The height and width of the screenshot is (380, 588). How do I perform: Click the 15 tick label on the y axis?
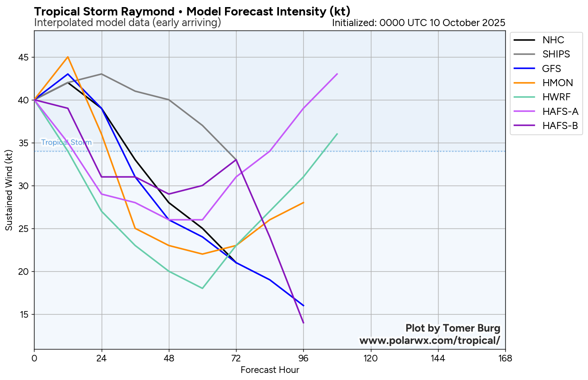click(x=23, y=315)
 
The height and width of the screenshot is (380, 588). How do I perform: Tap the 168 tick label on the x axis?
click(x=505, y=357)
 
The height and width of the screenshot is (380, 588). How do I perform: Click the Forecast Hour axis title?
click(x=270, y=370)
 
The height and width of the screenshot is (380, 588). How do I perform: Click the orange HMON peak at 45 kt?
click(x=68, y=57)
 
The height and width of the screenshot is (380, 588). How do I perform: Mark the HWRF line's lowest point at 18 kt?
click(x=202, y=289)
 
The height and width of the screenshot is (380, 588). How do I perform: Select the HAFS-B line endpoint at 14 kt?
click(x=303, y=323)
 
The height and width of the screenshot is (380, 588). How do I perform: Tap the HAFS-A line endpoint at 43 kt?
click(x=337, y=74)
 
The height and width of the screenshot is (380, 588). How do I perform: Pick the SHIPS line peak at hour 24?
click(x=102, y=74)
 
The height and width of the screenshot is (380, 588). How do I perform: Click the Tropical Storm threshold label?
click(x=66, y=142)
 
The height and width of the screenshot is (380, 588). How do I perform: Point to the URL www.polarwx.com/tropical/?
click(x=430, y=341)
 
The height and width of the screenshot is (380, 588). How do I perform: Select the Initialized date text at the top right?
click(x=418, y=23)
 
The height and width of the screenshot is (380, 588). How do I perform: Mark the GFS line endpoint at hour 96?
click(x=303, y=306)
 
